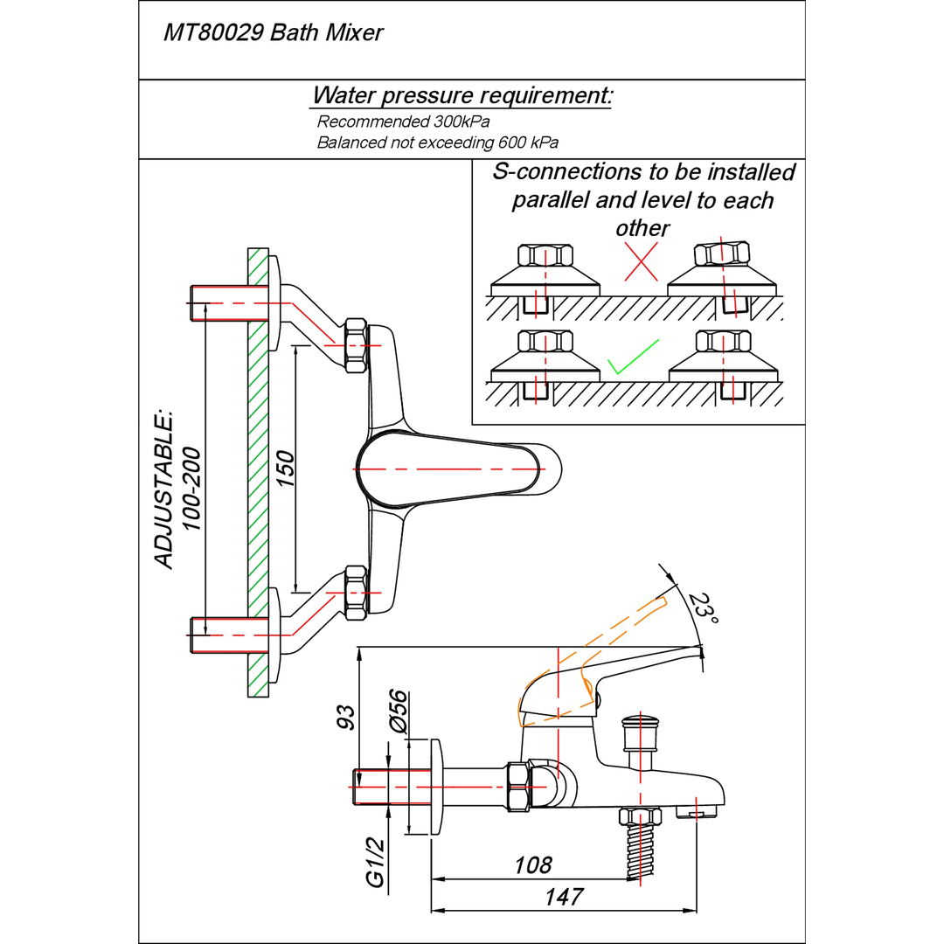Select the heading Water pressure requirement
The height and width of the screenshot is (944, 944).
point(462,94)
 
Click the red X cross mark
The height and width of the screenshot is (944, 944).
point(641,261)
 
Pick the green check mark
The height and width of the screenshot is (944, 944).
point(632,357)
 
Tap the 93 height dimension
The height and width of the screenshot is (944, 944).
point(347,717)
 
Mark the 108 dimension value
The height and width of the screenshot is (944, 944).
point(533,865)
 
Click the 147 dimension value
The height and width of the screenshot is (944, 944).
point(564,897)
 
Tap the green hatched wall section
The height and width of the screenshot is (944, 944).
point(257,472)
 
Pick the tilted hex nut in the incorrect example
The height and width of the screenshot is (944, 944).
point(722,254)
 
